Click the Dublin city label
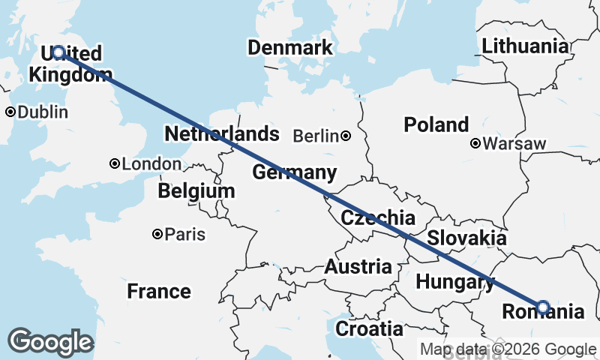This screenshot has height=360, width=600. tap(42, 112)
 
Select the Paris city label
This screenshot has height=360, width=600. tap(184, 235)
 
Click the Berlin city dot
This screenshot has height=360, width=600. tap(346, 136)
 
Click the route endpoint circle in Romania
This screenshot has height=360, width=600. tap(543, 306)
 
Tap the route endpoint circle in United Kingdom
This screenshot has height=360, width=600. tap(58, 52)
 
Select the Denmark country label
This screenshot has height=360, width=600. tap(290, 48)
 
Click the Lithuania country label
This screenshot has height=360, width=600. tap(525, 45)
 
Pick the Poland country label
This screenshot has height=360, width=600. tap(436, 124)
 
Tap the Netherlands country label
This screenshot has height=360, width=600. tap(222, 134)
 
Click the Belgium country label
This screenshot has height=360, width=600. tap(196, 191)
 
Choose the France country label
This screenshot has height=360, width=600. tap(158, 291)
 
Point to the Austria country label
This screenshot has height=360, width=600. tap(358, 266)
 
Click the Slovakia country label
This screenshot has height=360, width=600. tap(466, 238)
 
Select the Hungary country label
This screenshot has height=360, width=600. tap(454, 282)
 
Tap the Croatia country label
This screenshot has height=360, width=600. tap(368, 328)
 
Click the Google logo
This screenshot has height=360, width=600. tap(50, 342)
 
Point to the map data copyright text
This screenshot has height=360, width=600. tap(508, 349)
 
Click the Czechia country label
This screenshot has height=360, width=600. tap(378, 218)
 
